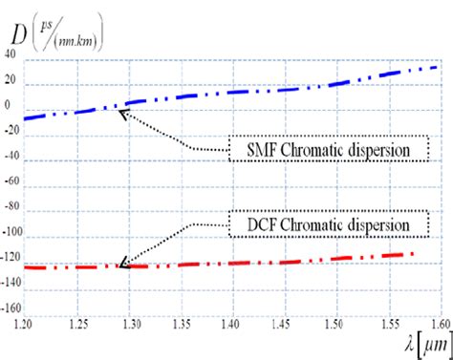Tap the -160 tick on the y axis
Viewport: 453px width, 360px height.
11,308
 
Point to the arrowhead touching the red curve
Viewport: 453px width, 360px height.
121,265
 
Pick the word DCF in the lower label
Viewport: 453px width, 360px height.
253,224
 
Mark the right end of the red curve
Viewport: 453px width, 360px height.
413,254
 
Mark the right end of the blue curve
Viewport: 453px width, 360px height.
438,67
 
